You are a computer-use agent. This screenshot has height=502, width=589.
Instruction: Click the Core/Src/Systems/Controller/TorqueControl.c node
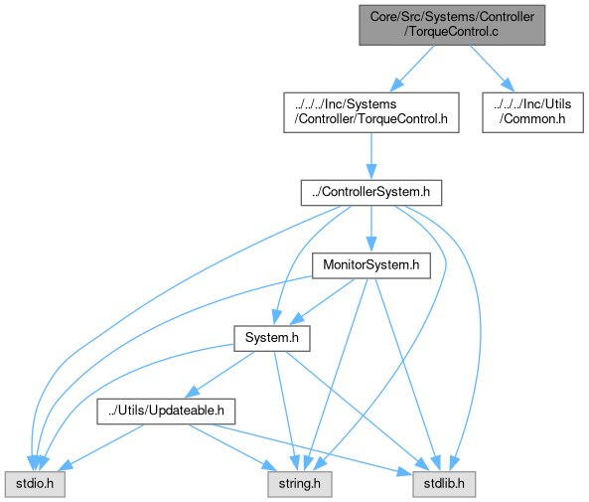pos(452,25)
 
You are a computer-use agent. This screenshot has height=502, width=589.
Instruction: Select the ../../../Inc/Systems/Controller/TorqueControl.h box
pos(371,112)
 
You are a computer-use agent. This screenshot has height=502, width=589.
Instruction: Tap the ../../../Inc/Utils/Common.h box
pos(532,112)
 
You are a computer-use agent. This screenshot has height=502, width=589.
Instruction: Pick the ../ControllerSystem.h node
pos(371,193)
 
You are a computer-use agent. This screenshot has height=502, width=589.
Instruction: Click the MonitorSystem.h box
pos(371,265)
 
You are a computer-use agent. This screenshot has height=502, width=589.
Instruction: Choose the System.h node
pos(272,338)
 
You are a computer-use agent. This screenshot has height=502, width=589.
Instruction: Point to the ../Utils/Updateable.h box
pos(166,412)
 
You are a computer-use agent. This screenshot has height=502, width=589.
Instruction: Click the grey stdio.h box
pos(35,484)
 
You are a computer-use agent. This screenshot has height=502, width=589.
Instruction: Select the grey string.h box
pos(300,484)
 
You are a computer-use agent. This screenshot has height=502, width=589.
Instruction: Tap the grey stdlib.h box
pos(444,484)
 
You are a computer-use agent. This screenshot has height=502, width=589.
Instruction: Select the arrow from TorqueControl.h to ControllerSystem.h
pos(371,156)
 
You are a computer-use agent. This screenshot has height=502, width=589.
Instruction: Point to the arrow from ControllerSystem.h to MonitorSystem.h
pos(371,229)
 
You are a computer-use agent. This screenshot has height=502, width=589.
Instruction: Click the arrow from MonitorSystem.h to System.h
pos(322,301)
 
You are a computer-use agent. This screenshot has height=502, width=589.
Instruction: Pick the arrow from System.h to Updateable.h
pos(220,375)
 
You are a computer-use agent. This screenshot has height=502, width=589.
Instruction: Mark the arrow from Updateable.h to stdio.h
pos(100,447)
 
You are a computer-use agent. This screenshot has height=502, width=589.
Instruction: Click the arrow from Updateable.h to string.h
pos(232,447)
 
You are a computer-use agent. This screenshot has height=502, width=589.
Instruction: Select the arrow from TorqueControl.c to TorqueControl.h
pos(412,68)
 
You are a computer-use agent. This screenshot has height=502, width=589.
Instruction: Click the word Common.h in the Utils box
pos(532,119)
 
